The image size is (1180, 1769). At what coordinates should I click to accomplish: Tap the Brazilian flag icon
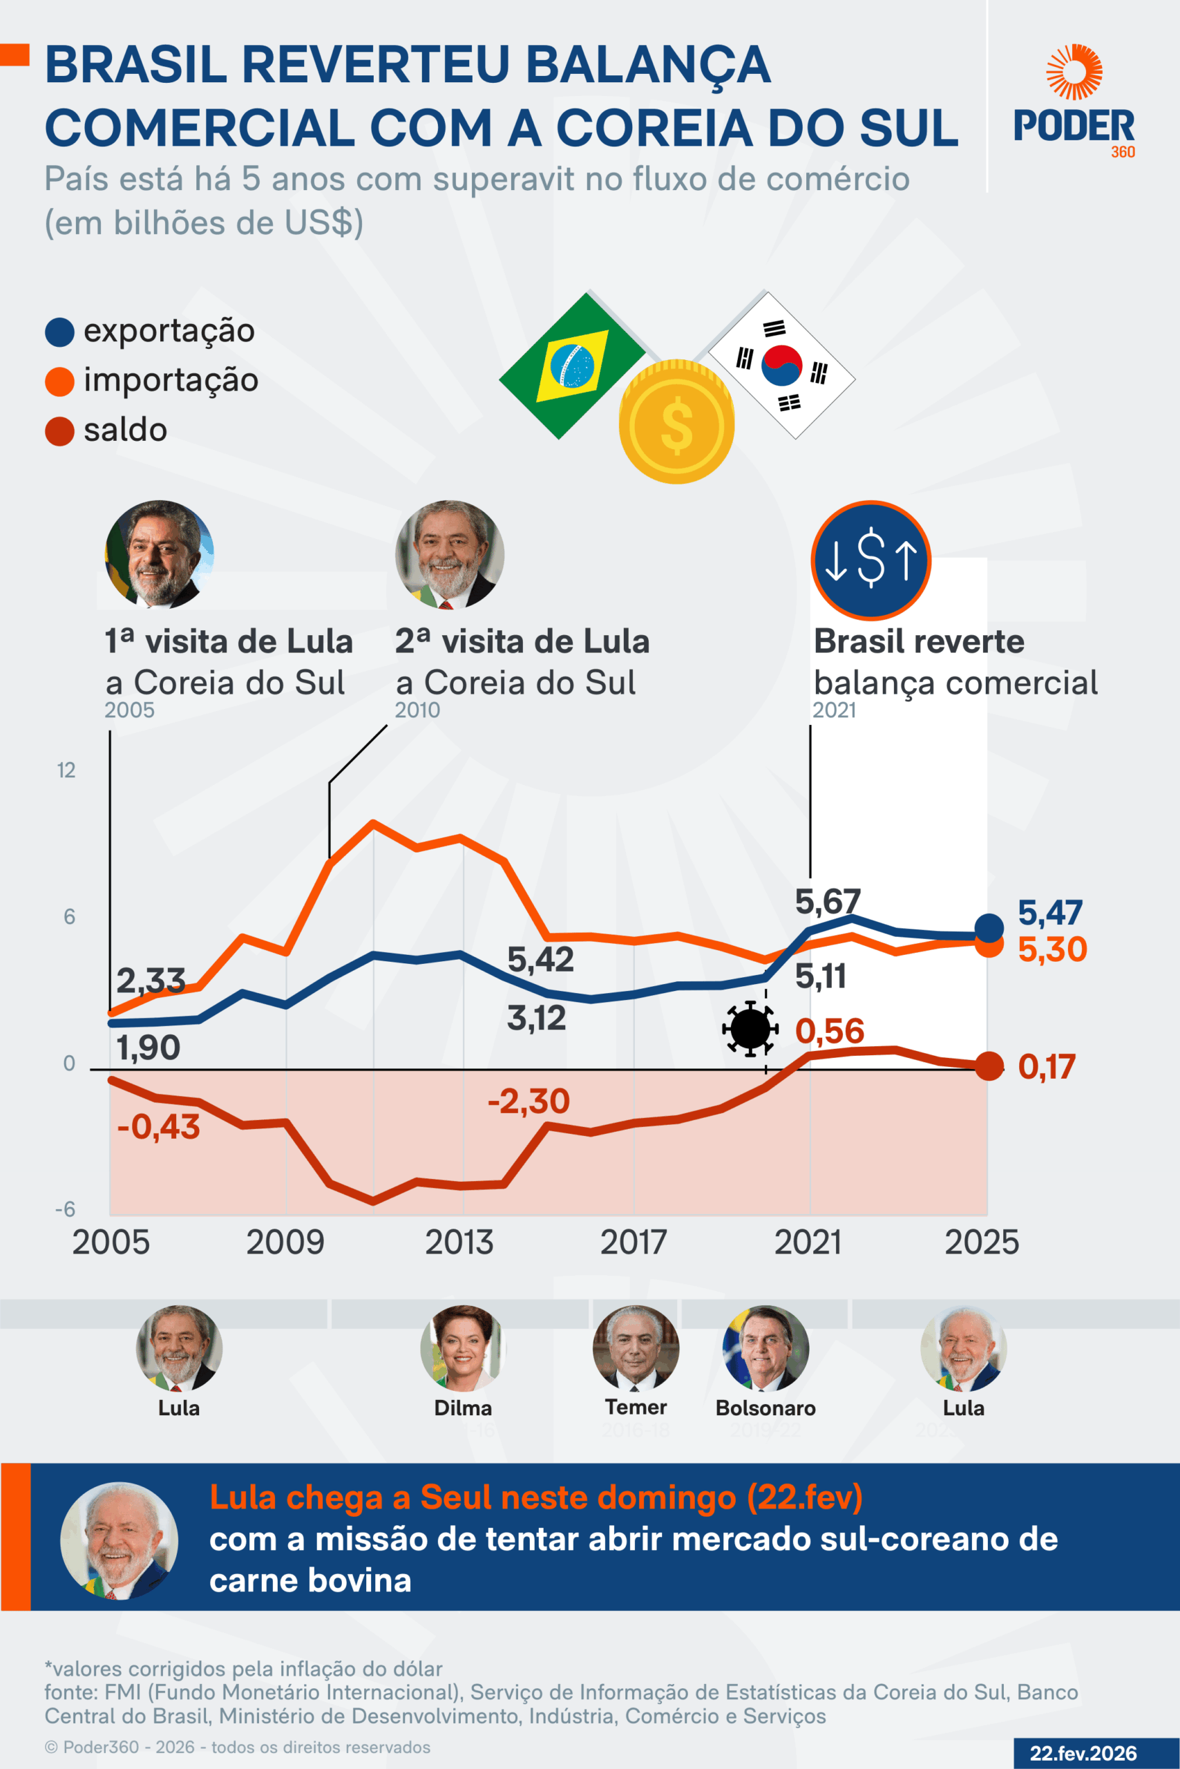click(x=573, y=366)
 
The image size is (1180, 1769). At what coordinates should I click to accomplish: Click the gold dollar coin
click(x=676, y=422)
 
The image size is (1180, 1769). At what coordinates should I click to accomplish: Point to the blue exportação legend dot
click(x=59, y=332)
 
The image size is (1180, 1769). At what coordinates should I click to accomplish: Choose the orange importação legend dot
click(x=59, y=381)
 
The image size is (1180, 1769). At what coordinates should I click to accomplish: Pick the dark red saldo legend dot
click(x=59, y=431)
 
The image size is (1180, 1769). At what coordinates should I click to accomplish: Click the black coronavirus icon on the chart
click(x=750, y=1028)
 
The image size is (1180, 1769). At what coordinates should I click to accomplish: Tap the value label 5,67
click(x=827, y=901)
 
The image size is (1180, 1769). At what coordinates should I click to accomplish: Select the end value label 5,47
click(x=1050, y=912)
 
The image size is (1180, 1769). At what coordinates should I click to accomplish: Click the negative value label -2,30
click(x=529, y=1101)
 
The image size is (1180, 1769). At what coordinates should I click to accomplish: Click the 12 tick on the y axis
click(x=66, y=770)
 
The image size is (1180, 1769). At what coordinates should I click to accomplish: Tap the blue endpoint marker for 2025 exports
click(x=989, y=928)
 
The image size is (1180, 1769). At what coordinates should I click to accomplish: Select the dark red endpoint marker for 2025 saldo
click(x=989, y=1066)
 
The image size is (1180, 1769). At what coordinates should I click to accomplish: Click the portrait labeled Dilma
click(x=463, y=1349)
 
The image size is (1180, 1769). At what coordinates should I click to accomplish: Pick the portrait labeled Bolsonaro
click(x=765, y=1349)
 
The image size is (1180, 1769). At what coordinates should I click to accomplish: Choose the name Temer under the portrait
click(x=636, y=1407)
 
